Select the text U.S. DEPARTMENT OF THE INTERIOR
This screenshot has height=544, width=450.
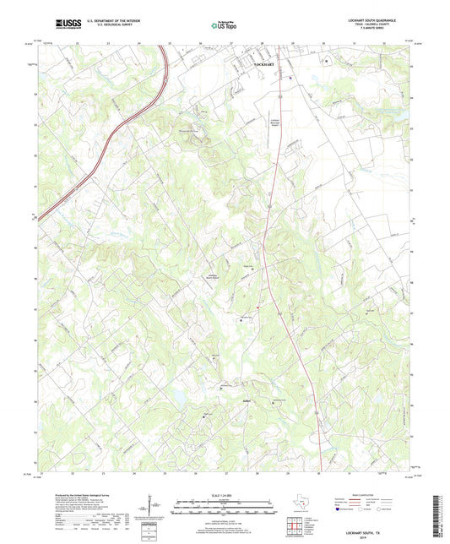click(114, 19)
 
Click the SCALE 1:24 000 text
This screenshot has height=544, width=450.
click(225, 495)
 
